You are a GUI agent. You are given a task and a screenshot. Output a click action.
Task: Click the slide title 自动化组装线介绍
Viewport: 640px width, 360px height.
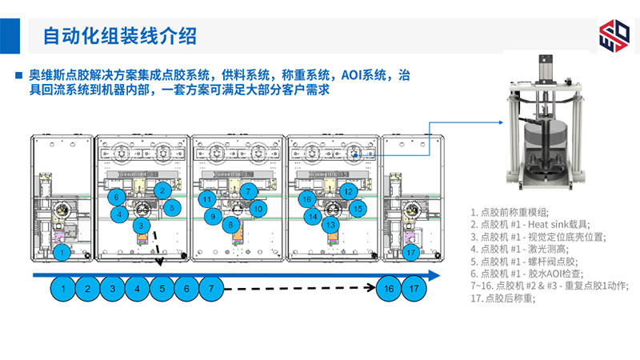click(x=119, y=36)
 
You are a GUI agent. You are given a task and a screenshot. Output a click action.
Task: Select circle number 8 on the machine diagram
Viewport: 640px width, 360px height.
click(x=230, y=226)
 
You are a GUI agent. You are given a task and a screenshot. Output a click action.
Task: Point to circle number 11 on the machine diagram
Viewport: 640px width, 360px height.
click(x=208, y=199)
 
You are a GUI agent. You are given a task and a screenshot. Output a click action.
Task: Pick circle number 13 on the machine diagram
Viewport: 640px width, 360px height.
click(x=330, y=226)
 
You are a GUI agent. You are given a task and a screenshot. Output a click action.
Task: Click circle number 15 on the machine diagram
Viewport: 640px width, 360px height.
click(x=358, y=208)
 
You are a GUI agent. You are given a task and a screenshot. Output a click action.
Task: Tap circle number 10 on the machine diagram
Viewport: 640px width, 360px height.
click(x=258, y=208)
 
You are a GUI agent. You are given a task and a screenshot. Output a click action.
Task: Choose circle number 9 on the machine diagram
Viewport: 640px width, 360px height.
click(x=212, y=216)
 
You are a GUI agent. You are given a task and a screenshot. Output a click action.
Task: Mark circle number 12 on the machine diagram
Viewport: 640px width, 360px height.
click(x=348, y=192)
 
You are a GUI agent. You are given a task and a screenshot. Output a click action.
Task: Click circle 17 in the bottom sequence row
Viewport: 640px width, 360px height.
click(x=414, y=288)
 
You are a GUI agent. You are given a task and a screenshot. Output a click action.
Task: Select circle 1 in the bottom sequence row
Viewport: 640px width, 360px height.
click(x=63, y=288)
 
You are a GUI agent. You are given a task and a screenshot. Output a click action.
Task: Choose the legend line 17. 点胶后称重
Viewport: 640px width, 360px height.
click(x=504, y=298)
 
